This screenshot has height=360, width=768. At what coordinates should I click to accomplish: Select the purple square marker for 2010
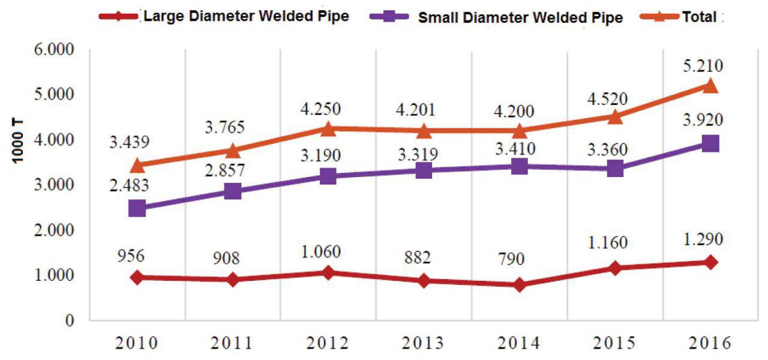click(137, 208)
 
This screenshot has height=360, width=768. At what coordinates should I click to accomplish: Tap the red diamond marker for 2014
click(520, 284)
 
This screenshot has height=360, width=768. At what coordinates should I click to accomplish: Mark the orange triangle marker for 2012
click(328, 128)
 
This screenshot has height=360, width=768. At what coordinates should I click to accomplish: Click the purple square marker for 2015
click(615, 169)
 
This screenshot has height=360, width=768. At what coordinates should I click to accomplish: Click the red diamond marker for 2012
click(328, 273)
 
